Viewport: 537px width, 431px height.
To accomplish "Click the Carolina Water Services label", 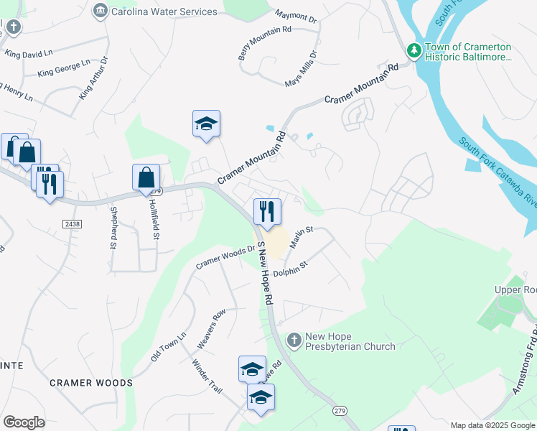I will click(164, 11).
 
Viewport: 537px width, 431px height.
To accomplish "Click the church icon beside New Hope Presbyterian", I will click(294, 340).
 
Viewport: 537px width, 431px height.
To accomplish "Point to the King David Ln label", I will click(29, 52).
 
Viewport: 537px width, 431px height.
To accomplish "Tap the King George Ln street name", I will click(64, 68).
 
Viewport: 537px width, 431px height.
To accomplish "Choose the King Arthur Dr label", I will click(94, 81).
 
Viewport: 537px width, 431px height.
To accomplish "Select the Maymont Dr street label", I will click(296, 16).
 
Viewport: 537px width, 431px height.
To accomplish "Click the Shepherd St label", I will click(113, 228).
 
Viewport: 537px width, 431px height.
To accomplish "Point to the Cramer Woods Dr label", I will click(227, 259).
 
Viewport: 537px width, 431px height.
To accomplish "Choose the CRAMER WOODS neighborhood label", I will click(91, 383).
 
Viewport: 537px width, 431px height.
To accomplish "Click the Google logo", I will click(24, 422).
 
